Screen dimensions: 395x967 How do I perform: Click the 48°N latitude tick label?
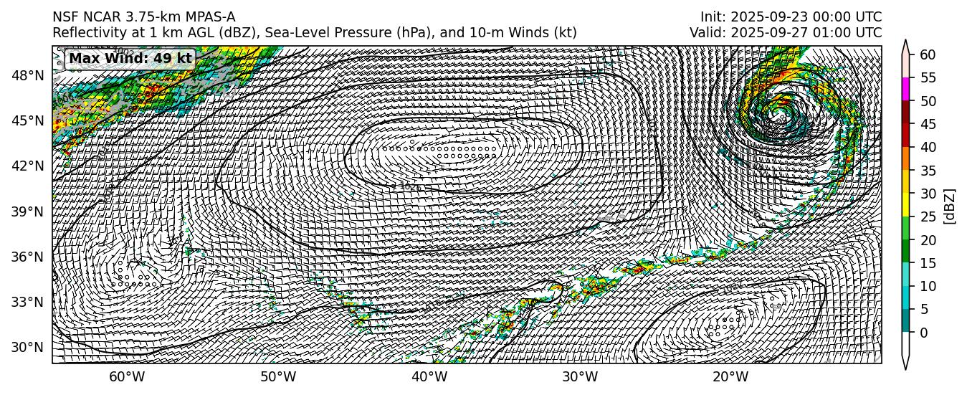tap(29, 75)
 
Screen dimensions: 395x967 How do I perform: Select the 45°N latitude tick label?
tap(29, 120)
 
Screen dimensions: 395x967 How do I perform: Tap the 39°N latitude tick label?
tap(29, 211)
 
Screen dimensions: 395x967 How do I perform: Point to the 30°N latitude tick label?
tap(29, 347)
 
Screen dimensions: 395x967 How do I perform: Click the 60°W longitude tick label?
tap(127, 378)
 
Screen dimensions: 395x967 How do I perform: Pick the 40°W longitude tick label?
tap(429, 378)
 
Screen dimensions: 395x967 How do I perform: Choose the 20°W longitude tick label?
tap(730, 378)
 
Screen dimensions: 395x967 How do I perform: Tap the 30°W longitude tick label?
tap(580, 378)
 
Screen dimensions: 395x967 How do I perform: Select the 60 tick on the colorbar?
tap(928, 54)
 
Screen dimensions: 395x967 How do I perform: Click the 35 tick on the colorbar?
tap(928, 171)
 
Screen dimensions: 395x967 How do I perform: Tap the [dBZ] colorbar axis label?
tap(951, 206)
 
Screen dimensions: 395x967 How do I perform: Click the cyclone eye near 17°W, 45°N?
tap(779, 113)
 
